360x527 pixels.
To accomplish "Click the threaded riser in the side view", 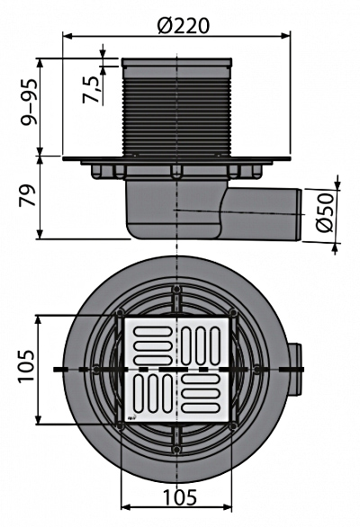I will click(x=176, y=112).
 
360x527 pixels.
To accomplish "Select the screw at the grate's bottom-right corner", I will click(x=235, y=424).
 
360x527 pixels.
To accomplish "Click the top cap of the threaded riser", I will click(x=176, y=63).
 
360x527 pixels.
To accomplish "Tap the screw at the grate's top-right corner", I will click(x=235, y=313).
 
